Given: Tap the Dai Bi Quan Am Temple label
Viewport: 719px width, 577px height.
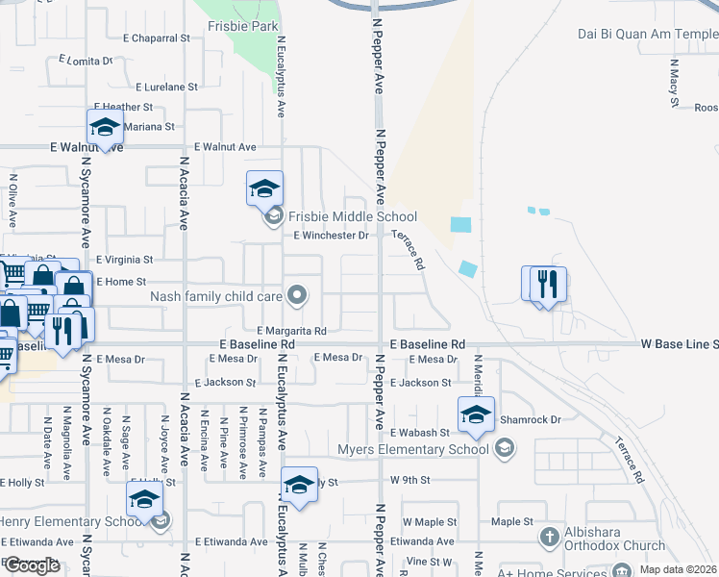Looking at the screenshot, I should pyautogui.click(x=647, y=35).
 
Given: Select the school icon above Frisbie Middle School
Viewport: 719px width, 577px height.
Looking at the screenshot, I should pyautogui.click(x=264, y=188).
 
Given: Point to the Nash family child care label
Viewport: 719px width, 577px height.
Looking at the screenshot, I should pyautogui.click(x=215, y=296).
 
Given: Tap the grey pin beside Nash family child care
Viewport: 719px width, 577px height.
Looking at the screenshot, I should pyautogui.click(x=299, y=296).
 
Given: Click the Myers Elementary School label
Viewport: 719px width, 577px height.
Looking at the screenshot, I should pyautogui.click(x=414, y=449).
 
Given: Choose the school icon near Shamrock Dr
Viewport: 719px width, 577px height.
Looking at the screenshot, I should pyautogui.click(x=475, y=414).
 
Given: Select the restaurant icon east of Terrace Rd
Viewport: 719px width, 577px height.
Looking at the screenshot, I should pyautogui.click(x=548, y=284).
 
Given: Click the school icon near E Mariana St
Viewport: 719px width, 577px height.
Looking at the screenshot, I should pyautogui.click(x=105, y=127).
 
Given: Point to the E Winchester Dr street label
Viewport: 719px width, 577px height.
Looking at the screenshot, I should pyautogui.click(x=332, y=235).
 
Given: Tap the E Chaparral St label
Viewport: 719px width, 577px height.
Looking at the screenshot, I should pyautogui.click(x=157, y=38).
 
